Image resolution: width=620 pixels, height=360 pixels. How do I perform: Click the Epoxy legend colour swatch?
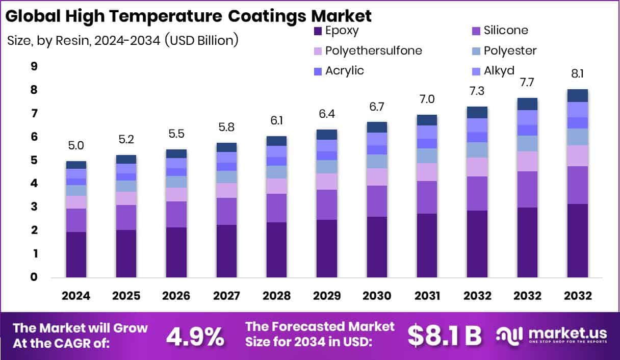[x=317, y=31]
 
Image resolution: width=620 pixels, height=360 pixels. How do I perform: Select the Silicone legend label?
[x=505, y=31]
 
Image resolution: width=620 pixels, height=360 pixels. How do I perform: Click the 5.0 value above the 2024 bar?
[x=76, y=146]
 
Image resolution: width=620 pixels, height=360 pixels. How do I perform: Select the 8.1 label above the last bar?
[x=577, y=73]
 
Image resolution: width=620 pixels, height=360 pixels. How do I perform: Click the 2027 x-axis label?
[x=226, y=296]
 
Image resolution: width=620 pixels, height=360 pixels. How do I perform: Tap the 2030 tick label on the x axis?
[x=377, y=296]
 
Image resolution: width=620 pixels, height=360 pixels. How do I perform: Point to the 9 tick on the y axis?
[x=34, y=66]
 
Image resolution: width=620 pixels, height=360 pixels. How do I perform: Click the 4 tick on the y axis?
[x=34, y=183]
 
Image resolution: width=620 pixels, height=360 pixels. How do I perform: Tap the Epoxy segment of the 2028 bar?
[x=276, y=249]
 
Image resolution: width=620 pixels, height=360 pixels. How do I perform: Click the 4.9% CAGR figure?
[x=195, y=336]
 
